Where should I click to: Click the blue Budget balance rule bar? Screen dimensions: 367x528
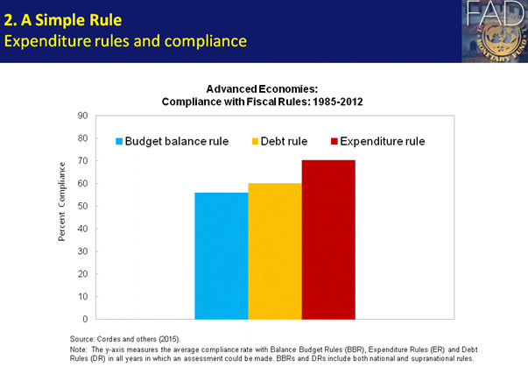pos(222,255)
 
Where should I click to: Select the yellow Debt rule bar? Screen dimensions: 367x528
pos(275,251)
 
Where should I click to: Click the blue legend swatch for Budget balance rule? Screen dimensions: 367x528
pos(119,140)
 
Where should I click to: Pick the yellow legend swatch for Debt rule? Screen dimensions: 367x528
pos(255,140)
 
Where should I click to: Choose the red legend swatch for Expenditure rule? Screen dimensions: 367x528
pos(334,140)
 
